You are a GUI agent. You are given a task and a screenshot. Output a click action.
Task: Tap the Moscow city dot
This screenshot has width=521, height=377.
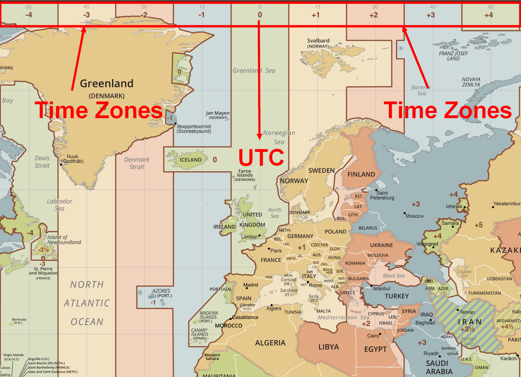click(x=404, y=213)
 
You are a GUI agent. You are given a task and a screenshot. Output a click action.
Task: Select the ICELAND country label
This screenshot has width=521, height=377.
click(x=191, y=160)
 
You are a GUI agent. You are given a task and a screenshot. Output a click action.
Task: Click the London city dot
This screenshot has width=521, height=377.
click(x=260, y=236)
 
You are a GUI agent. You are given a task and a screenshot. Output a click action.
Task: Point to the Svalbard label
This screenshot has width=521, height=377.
click(x=318, y=41)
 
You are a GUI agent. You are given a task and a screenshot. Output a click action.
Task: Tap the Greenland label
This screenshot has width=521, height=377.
click(x=106, y=83)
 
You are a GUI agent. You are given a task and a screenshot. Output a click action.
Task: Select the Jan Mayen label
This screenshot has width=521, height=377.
click(x=218, y=113)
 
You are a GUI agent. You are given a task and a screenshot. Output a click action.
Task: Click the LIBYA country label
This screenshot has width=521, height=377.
click(x=328, y=347)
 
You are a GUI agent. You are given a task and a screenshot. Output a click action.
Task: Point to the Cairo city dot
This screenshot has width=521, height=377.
click(x=380, y=334)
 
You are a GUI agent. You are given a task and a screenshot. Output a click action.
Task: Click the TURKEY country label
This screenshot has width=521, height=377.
click(x=396, y=296)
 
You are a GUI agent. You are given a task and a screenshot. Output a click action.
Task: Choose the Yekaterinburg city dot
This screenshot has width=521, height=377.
click(x=493, y=204)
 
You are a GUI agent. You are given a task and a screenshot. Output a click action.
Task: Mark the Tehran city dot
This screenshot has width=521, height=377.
click(x=458, y=310)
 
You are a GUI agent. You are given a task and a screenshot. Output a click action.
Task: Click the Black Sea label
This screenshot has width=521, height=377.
click(x=393, y=275)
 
